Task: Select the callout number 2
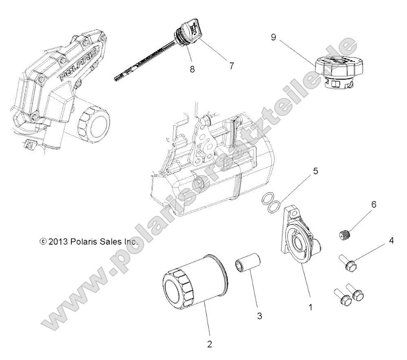click(x=209, y=344)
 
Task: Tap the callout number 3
click(x=260, y=316)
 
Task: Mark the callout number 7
click(x=231, y=65)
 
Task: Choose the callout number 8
click(x=192, y=69)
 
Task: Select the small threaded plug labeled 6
click(x=345, y=235)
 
